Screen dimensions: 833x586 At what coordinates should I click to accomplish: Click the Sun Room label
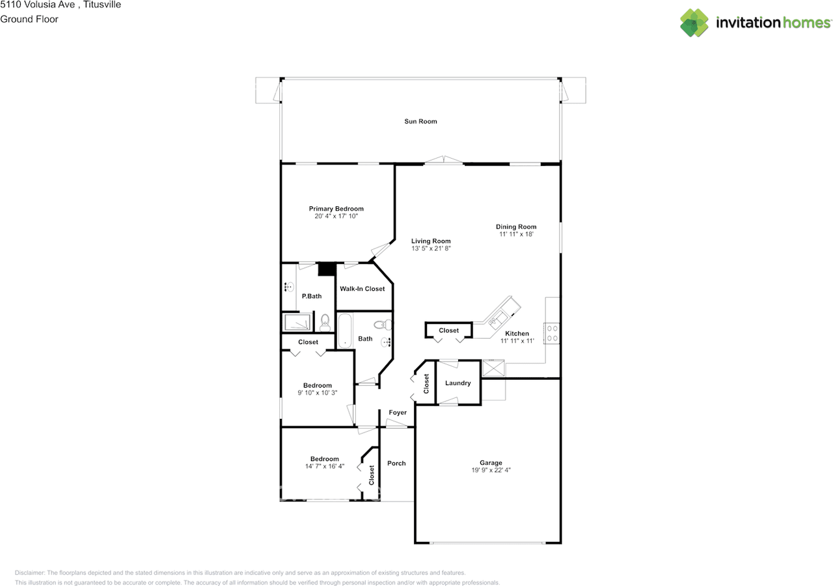pos(420,121)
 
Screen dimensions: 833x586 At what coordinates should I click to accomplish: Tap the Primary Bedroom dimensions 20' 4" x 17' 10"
pos(336,216)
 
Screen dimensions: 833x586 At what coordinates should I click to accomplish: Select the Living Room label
pos(431,241)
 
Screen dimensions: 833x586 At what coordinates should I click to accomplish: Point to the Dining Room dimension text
pos(516,234)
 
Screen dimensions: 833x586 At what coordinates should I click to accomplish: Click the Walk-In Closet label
pos(362,289)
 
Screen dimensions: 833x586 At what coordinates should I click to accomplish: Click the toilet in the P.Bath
pos(325,323)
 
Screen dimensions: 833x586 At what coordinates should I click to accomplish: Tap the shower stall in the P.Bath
pos(297,322)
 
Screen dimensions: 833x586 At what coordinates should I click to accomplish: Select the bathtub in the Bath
pos(345,330)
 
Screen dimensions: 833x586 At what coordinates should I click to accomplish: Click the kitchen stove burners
pos(553,333)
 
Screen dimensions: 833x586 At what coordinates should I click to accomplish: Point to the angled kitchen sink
pos(498,319)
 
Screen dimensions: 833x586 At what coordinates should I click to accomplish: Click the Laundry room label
pos(457,382)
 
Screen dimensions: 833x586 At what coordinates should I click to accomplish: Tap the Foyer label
pos(398,412)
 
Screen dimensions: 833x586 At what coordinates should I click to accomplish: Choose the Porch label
pos(396,463)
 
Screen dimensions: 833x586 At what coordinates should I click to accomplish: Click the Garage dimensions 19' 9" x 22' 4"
pos(491,470)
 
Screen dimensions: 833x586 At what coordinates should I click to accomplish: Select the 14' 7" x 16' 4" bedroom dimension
pos(325,466)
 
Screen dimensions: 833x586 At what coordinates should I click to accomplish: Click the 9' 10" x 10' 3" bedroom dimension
pos(317,393)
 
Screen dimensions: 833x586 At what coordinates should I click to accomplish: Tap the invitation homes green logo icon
pos(694,23)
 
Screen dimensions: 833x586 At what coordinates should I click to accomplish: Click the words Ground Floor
pos(29,20)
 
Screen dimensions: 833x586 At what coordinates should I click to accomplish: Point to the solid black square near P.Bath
pos(327,269)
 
